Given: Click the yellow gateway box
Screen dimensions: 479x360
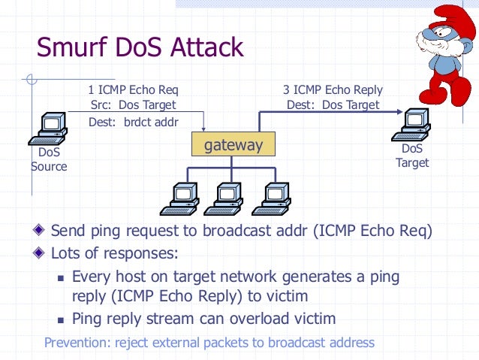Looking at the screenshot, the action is coord(233,144).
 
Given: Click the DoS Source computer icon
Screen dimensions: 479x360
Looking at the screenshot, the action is coord(48,129).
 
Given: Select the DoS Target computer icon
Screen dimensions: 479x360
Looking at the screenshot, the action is coord(411,125).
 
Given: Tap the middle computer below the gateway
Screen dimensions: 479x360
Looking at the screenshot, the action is coord(224,199).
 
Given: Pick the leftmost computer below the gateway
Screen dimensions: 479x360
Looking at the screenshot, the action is coord(179,199).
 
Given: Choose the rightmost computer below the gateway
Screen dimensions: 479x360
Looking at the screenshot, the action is coord(271,199).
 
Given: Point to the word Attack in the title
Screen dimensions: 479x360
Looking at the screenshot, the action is coord(206,47).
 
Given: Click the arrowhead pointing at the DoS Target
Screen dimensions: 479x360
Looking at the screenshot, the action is coord(399,112).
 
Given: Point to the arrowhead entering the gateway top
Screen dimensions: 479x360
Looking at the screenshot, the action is coord(203,129).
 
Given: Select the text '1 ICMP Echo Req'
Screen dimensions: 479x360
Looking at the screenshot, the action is coord(133,90).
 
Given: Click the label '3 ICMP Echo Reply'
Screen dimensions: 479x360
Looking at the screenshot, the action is coord(333,90).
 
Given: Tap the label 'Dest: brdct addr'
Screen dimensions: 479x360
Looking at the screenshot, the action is coord(134,122).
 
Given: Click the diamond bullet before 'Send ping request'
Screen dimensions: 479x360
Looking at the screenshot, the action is coord(38,230).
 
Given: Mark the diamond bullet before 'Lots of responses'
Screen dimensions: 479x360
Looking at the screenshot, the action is coord(38,253).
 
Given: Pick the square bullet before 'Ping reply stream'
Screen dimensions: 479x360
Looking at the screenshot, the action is coord(61,320).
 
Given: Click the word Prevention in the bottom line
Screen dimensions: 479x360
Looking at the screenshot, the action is coord(77,343).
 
